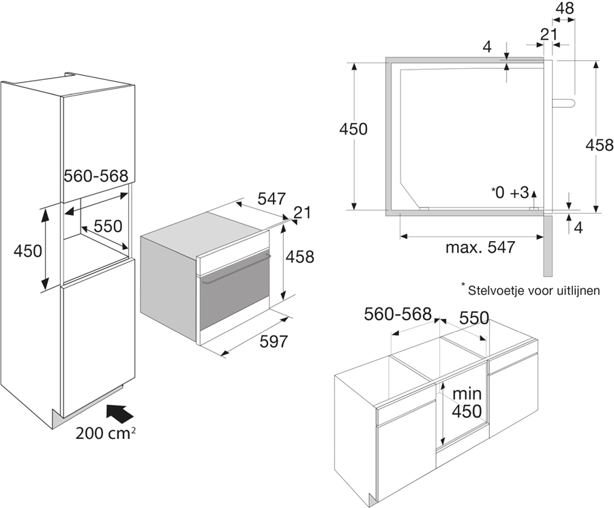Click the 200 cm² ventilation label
106,433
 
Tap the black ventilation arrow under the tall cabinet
119,414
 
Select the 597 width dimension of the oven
274,341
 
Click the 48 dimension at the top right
564,8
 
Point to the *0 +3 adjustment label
510,193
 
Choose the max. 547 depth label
480,247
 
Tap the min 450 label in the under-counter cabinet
467,403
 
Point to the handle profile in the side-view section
564,102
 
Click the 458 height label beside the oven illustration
299,257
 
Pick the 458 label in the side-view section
599,145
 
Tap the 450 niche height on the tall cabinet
27,251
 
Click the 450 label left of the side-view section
353,129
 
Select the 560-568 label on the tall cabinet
96,175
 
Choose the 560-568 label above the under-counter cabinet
398,313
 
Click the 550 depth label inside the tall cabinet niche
108,226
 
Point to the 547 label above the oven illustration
272,199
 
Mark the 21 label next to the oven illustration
302,212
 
